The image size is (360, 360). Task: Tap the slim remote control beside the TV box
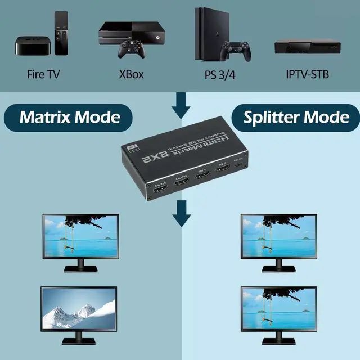[x=60, y=34]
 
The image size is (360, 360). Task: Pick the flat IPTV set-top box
[x=307, y=47]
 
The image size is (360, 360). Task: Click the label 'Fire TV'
[x=43, y=74]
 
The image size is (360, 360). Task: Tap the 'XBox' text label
[x=131, y=74]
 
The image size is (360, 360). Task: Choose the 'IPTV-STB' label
[x=307, y=74]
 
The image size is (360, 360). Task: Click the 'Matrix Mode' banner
[x=70, y=117]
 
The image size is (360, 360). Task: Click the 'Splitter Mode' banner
[x=296, y=117]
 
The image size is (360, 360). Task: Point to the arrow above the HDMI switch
[x=181, y=105]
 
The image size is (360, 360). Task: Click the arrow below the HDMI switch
[x=181, y=212]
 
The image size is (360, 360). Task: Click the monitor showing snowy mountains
[x=79, y=308]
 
